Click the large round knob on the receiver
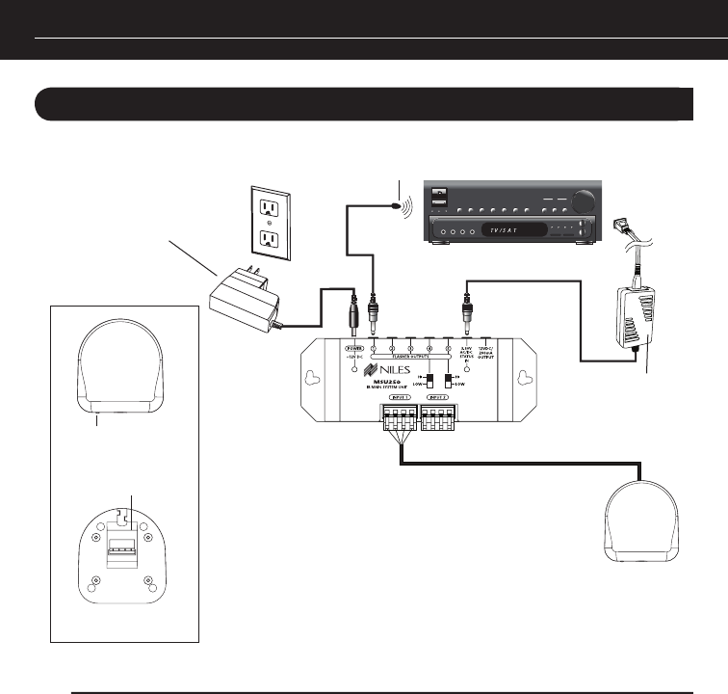click(x=584, y=200)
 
